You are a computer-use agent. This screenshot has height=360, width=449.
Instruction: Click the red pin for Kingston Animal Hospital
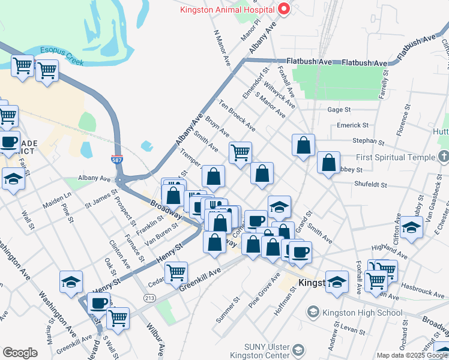283,10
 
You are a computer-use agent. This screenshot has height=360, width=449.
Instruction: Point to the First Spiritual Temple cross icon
443,157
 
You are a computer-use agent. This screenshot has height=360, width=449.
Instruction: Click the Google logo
20,352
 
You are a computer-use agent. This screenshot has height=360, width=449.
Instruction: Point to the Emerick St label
352,125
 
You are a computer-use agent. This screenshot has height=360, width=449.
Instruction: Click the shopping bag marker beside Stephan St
304,145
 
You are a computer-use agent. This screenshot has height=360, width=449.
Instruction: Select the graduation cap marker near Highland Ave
412,228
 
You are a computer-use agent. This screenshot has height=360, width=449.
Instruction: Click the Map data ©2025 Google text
411,355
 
